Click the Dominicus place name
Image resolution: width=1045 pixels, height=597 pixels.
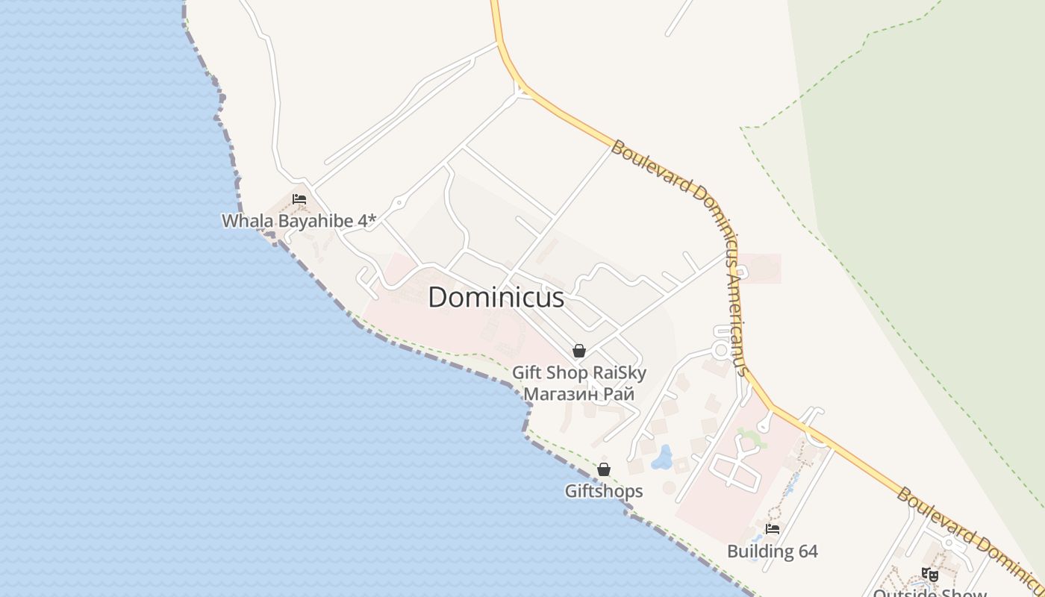click(496, 298)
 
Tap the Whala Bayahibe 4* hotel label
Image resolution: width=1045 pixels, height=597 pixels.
click(299, 221)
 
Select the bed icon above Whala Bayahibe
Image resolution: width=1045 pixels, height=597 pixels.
click(299, 200)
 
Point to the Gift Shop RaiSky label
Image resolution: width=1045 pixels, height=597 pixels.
click(578, 372)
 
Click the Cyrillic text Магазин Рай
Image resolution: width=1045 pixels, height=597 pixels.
click(578, 393)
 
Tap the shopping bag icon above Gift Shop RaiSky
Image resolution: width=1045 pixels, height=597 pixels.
click(578, 351)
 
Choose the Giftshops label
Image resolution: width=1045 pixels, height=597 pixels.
click(603, 491)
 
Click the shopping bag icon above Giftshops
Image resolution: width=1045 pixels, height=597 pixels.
click(603, 469)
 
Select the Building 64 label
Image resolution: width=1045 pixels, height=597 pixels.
click(773, 551)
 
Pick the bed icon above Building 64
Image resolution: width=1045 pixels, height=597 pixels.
click(773, 529)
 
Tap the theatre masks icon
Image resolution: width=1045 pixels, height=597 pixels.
click(929, 575)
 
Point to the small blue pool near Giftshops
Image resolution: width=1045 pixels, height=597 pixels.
click(661, 457)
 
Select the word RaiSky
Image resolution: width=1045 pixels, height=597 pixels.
click(619, 372)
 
